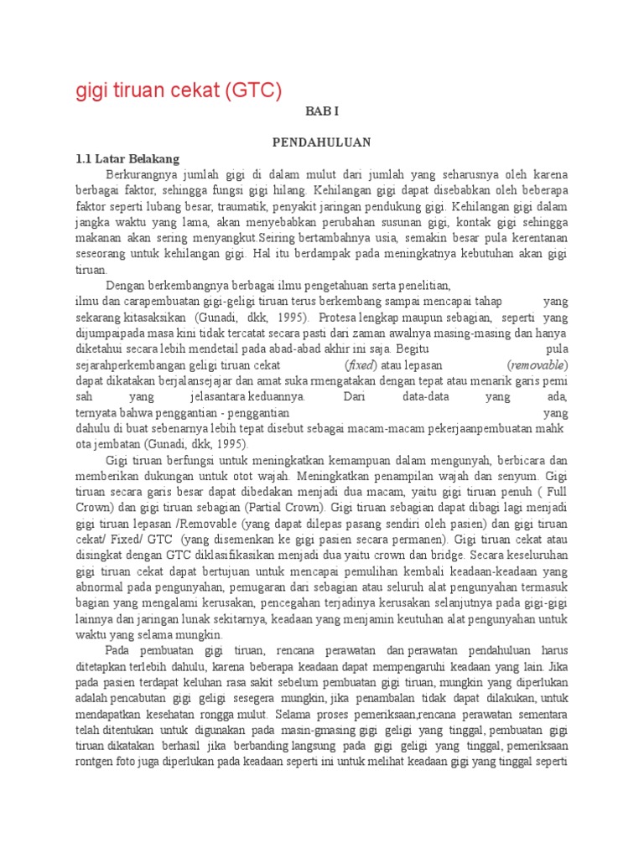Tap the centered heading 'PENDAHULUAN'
(x=321, y=142)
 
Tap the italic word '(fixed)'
(x=361, y=365)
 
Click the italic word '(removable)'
(x=538, y=365)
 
